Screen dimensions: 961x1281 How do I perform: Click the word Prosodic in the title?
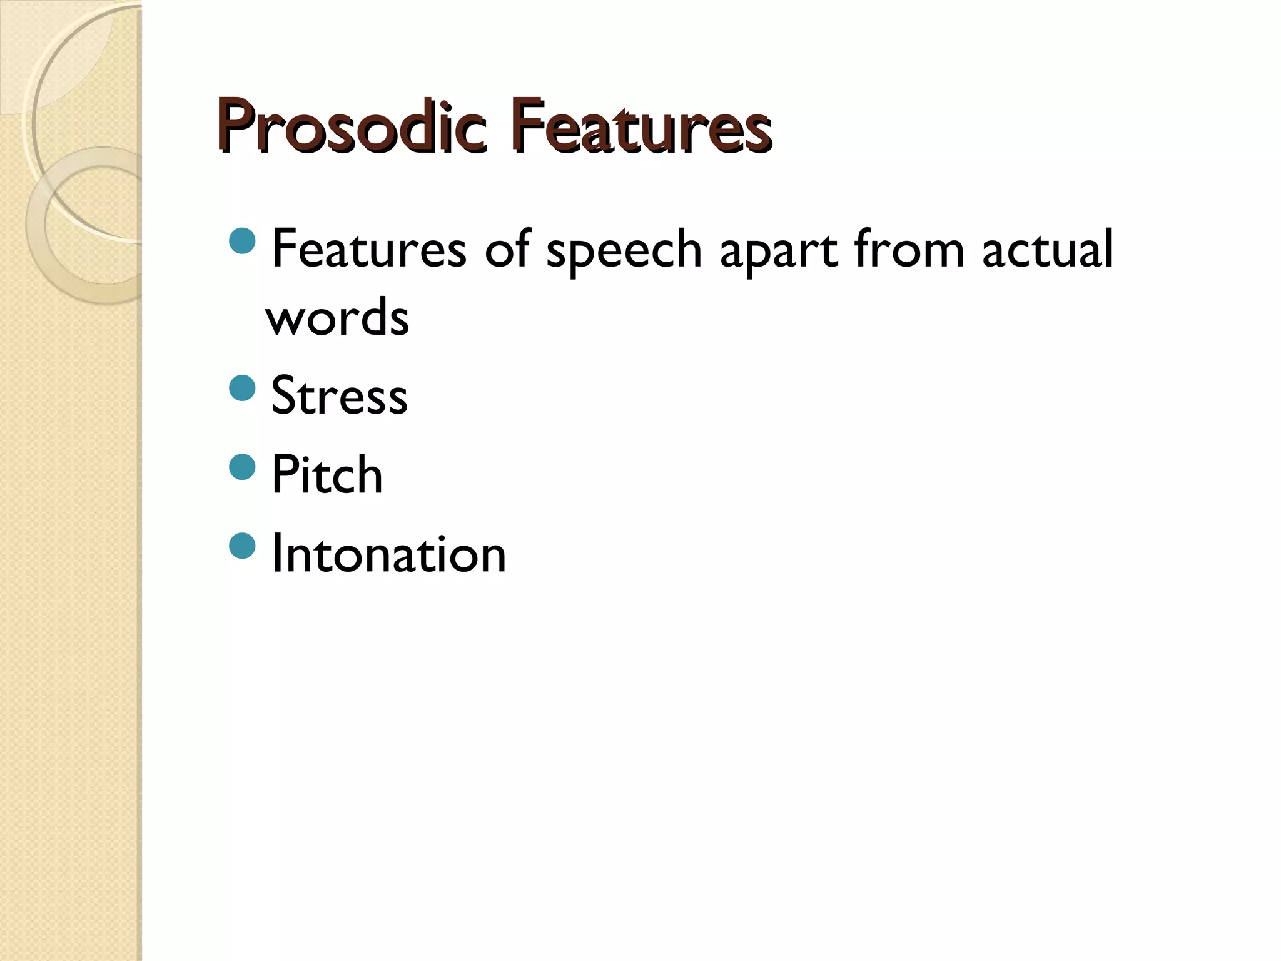[350, 126]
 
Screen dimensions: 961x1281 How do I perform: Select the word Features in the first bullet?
[369, 249]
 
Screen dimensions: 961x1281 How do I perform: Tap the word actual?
[1048, 249]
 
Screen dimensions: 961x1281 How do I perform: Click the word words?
[337, 317]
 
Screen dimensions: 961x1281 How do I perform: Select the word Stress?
[339, 395]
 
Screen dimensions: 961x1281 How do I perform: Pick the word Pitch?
[327, 474]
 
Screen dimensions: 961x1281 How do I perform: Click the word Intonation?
[388, 554]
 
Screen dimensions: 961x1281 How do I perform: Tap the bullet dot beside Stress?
[243, 388]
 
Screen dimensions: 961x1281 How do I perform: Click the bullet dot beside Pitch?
[243, 467]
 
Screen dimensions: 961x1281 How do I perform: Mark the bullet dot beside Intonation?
[243, 546]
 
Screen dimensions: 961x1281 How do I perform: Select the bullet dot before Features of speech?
[243, 241]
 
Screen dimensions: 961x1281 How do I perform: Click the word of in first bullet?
[506, 249]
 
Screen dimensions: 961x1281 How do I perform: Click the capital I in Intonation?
[276, 554]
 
